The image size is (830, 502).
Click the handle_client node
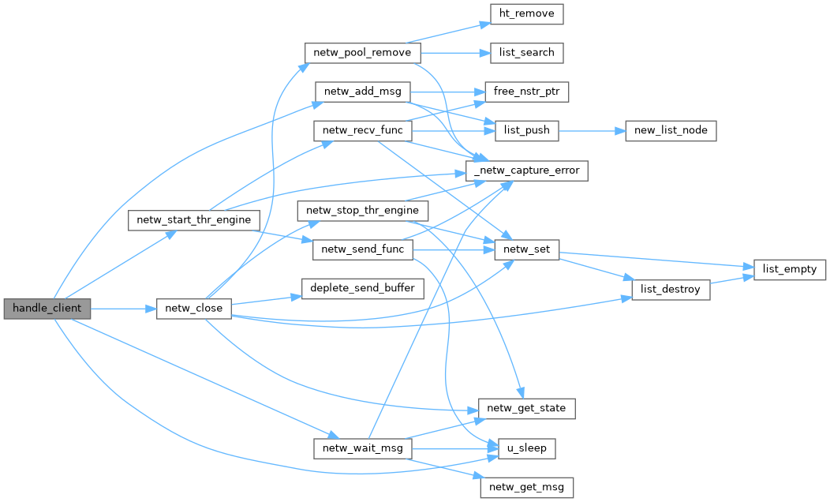click(x=47, y=308)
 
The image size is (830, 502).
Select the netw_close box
click(x=193, y=308)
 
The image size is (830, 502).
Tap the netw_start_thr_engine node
click(x=194, y=219)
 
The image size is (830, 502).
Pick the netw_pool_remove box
click(x=362, y=52)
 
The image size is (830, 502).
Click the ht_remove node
click(x=527, y=13)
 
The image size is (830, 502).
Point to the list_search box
click(x=527, y=52)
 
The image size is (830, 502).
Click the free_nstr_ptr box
click(x=527, y=91)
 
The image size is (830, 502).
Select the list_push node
click(x=527, y=130)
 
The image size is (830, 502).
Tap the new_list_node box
click(x=671, y=130)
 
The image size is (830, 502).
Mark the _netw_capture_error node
click(x=527, y=170)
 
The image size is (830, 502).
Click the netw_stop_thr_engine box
click(x=362, y=211)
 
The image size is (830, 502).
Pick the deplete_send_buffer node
click(x=362, y=288)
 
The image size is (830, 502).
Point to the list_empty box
click(x=791, y=269)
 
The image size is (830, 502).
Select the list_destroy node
click(x=670, y=290)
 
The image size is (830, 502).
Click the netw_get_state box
click(x=527, y=409)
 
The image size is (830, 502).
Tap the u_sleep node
click(x=527, y=448)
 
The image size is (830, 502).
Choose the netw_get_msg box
click(x=527, y=487)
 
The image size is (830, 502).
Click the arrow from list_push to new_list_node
click(x=592, y=130)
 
